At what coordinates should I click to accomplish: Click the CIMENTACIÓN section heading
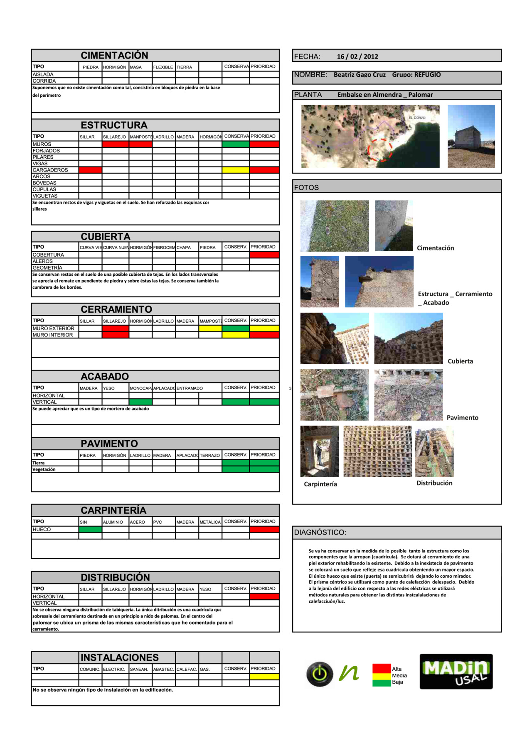point(114,55)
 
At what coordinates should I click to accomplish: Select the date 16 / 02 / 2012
point(357,56)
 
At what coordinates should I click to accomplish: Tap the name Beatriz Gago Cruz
point(360,75)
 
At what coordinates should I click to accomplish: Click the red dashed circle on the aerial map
point(380,150)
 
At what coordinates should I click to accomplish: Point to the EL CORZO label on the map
point(416,118)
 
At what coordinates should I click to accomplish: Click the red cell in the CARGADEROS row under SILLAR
point(90,170)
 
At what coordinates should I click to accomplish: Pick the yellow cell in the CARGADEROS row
point(236,170)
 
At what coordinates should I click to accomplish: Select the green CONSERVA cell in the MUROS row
point(236,144)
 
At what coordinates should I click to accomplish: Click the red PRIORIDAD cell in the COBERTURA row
point(264,255)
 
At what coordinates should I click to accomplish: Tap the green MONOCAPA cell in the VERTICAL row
point(140,402)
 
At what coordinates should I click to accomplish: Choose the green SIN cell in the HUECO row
point(90,530)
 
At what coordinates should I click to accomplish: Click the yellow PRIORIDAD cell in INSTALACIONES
point(264,677)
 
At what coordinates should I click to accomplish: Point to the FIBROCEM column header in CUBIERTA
point(164,248)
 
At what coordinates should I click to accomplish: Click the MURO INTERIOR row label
point(53,335)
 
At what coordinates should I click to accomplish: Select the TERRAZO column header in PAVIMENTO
point(210,455)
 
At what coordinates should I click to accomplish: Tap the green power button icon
point(320,674)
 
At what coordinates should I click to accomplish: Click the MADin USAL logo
point(456,672)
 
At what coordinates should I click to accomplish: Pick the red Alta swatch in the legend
point(382,669)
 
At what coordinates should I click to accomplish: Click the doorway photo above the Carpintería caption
point(320,451)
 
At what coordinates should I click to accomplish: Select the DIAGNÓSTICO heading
point(320,532)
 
